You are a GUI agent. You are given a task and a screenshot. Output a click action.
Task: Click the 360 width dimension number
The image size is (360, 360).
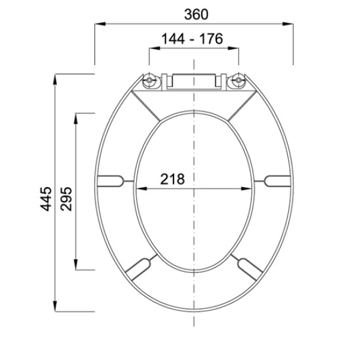196,14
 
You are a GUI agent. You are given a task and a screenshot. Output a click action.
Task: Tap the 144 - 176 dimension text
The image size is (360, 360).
192,38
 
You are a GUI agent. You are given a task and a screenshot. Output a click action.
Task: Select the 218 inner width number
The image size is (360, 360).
172,179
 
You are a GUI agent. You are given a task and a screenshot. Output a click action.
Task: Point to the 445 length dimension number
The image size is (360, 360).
46,199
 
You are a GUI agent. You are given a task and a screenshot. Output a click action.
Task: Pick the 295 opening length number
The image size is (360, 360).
66,199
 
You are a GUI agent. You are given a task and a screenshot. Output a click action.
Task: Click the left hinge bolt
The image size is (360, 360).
149,80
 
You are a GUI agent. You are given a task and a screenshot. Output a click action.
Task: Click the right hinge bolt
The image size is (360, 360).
239,80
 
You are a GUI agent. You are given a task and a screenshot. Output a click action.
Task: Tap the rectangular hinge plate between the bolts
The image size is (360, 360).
194,82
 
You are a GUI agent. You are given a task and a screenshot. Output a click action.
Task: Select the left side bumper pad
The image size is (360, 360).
110,181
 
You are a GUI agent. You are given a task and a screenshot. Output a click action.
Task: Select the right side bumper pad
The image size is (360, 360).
277,181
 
